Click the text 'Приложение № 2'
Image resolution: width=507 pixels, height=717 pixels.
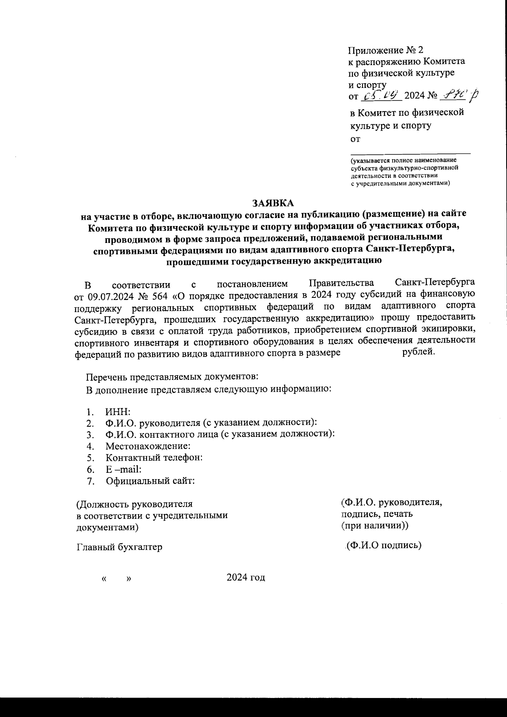click(385, 50)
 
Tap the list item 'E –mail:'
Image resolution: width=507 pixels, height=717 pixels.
click(123, 469)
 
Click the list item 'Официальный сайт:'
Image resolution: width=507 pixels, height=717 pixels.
click(150, 480)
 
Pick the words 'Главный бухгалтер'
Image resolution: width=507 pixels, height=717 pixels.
click(119, 547)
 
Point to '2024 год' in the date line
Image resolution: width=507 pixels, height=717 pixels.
click(245, 577)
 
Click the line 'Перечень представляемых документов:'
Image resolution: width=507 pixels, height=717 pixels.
click(172, 377)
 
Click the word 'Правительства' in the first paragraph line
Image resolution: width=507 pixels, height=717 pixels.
click(341, 283)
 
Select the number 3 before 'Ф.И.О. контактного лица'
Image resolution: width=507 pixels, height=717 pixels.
click(89, 434)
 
